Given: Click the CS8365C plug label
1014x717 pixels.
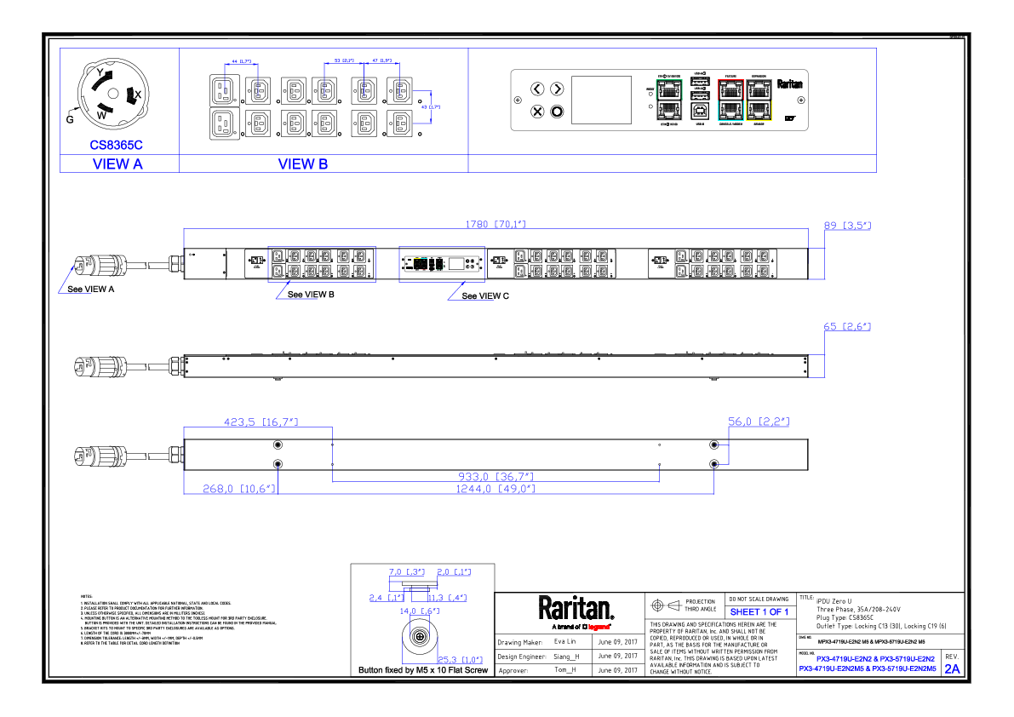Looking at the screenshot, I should [x=117, y=146].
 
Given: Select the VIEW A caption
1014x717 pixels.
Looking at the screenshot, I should [x=117, y=164].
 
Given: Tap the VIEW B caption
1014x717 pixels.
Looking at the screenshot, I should [x=303, y=164].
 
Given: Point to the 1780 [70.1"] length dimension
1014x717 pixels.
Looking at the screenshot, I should [x=495, y=225].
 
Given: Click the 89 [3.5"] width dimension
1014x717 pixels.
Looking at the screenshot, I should [x=847, y=226].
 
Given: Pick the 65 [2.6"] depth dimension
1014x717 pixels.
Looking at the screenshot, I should [x=847, y=327].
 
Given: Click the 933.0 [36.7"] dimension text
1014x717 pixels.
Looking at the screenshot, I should [x=496, y=477].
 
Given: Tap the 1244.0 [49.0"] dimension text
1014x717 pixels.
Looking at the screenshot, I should [x=496, y=490].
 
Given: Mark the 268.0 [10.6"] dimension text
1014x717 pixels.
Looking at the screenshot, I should [x=239, y=490].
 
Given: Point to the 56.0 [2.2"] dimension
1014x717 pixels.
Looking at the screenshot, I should [x=759, y=422].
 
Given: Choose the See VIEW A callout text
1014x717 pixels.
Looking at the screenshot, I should [x=91, y=290].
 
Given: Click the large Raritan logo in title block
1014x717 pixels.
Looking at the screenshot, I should [x=576, y=608].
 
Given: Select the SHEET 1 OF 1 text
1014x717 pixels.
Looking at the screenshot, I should [x=759, y=612].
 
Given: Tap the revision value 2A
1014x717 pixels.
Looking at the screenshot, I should [x=952, y=669].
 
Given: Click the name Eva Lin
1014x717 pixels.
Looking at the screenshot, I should [x=565, y=641].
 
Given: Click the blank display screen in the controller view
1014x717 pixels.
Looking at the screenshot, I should [x=601, y=100].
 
